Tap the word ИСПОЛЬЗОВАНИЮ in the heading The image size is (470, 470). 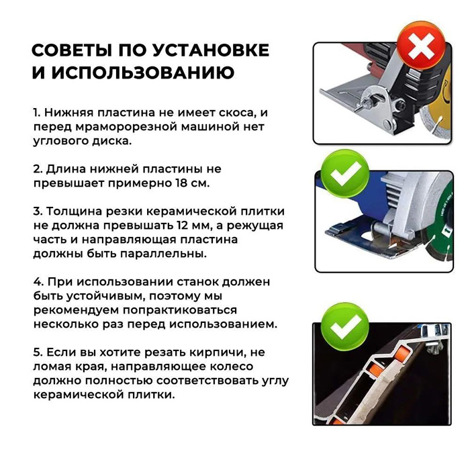142,73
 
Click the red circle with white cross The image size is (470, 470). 421,46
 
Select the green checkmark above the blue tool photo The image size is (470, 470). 345,173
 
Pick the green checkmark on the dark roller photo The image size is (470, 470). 345,326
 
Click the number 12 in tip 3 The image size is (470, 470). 181,226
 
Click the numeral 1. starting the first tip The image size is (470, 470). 37,113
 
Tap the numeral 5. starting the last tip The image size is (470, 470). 38,352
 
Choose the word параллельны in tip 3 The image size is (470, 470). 163,254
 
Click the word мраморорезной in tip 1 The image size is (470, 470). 126,127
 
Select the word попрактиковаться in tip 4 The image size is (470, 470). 180,310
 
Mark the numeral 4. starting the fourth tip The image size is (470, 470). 38,282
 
